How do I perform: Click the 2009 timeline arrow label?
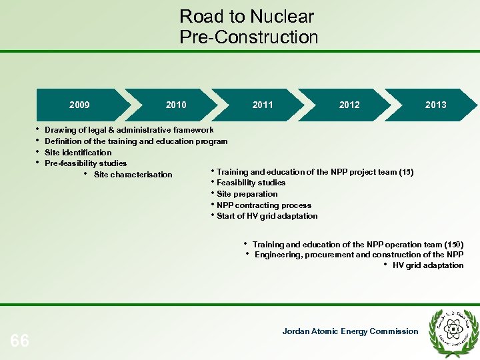79,105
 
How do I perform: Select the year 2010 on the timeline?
176,105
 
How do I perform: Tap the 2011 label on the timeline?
263,105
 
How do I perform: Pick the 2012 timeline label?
349,105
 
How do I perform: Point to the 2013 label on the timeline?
436,105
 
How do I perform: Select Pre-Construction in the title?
249,37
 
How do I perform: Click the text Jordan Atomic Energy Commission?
350,331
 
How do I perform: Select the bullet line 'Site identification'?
78,153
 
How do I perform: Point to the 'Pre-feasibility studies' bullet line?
85,163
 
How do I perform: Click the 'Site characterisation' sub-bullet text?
133,175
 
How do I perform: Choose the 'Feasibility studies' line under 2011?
251,183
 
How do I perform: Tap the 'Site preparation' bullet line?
247,194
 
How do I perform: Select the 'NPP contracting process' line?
263,205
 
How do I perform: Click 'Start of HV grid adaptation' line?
267,216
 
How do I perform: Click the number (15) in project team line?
405,172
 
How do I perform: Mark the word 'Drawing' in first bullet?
60,130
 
